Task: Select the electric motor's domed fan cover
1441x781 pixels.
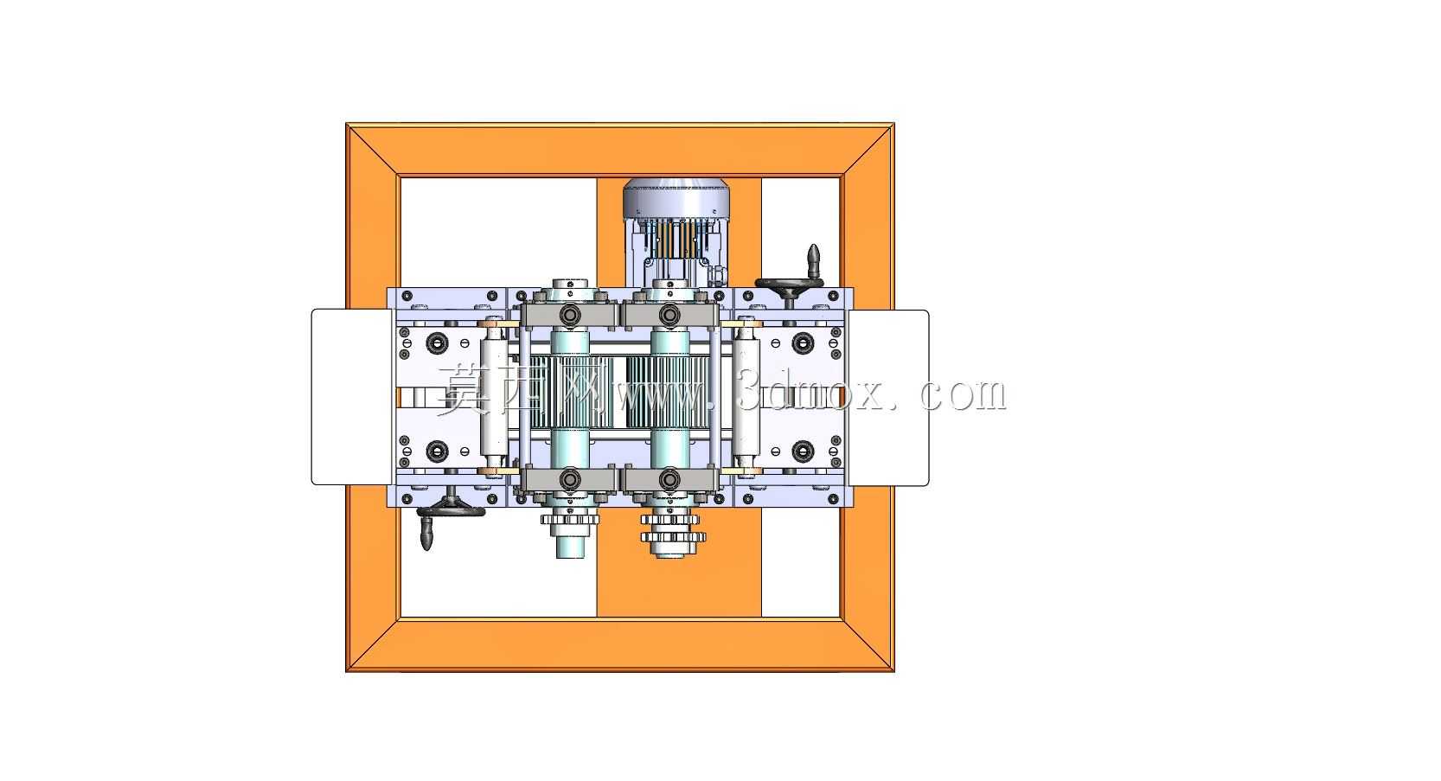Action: (x=676, y=198)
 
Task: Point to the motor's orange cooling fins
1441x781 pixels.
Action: (x=676, y=238)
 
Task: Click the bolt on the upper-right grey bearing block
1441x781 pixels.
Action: (x=669, y=315)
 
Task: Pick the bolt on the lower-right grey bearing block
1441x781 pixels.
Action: (x=669, y=479)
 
